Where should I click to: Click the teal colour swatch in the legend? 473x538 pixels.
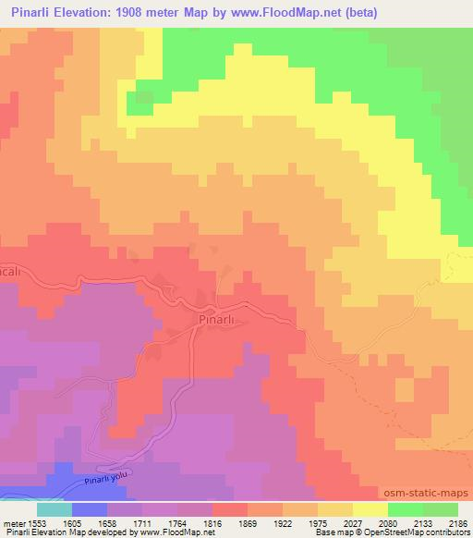(54, 509)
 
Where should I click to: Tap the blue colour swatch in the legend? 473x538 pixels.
(89, 509)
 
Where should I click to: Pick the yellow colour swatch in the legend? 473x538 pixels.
(370, 509)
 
